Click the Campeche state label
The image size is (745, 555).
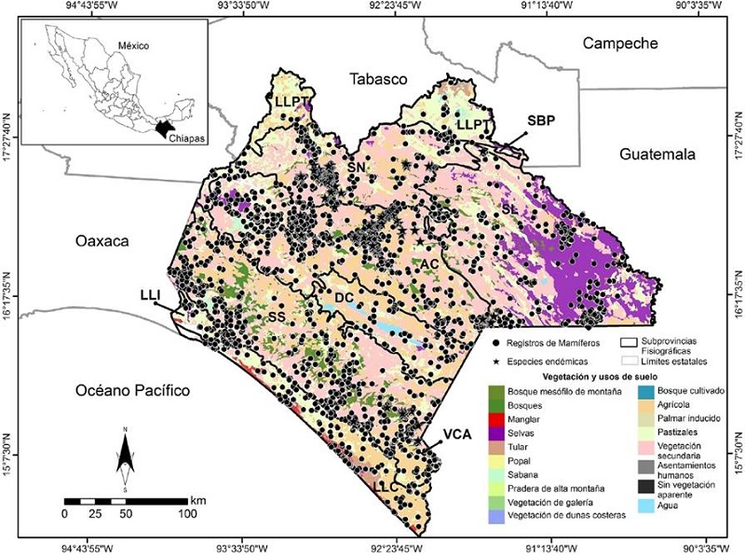tap(619, 43)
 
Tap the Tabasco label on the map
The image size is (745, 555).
tap(379, 79)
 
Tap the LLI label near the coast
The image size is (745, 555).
tap(152, 294)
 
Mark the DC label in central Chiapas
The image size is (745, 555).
tap(343, 298)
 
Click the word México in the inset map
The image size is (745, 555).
tap(133, 45)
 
